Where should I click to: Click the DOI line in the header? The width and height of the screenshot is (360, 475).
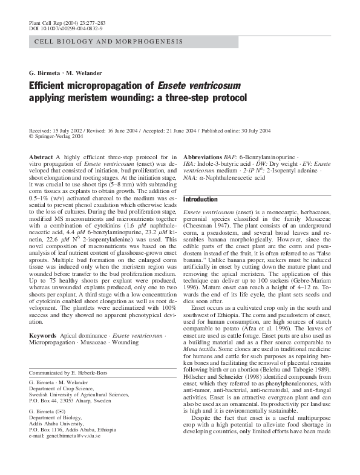[x=65, y=28]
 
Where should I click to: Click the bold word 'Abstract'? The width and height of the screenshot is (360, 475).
[x=41, y=157]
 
